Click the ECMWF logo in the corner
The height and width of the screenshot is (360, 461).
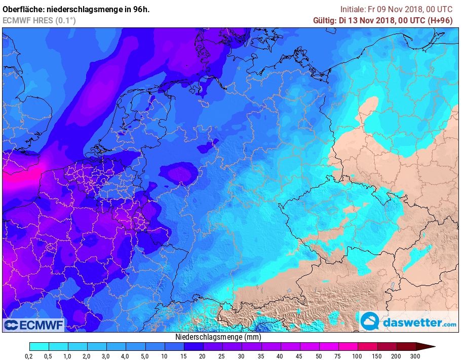[33, 325]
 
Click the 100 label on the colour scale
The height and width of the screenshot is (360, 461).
[358, 356]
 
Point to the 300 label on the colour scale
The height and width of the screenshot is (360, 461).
[415, 356]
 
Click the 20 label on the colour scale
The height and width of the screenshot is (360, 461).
[203, 356]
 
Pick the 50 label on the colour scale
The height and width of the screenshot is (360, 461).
[318, 356]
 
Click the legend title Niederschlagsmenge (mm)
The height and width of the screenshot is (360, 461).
[218, 337]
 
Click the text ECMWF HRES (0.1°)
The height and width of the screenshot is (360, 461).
[40, 20]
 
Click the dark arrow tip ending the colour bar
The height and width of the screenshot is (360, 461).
[428, 346]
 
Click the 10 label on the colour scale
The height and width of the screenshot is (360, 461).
[164, 356]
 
